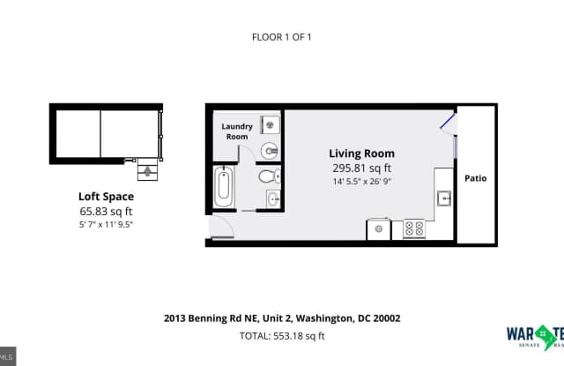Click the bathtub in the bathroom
(x=224, y=187)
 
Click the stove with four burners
(x=413, y=229)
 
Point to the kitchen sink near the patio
(x=444, y=198)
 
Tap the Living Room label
(x=361, y=153)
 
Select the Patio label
(x=476, y=178)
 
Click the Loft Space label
(x=105, y=198)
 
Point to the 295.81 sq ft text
(x=361, y=168)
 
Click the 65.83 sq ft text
(x=105, y=212)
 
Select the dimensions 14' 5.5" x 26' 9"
(x=361, y=182)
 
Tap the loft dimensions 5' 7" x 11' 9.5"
(x=105, y=225)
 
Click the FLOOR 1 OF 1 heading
(x=282, y=37)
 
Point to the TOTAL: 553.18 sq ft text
(x=282, y=335)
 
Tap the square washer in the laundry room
(x=271, y=125)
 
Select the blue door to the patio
(x=448, y=120)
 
